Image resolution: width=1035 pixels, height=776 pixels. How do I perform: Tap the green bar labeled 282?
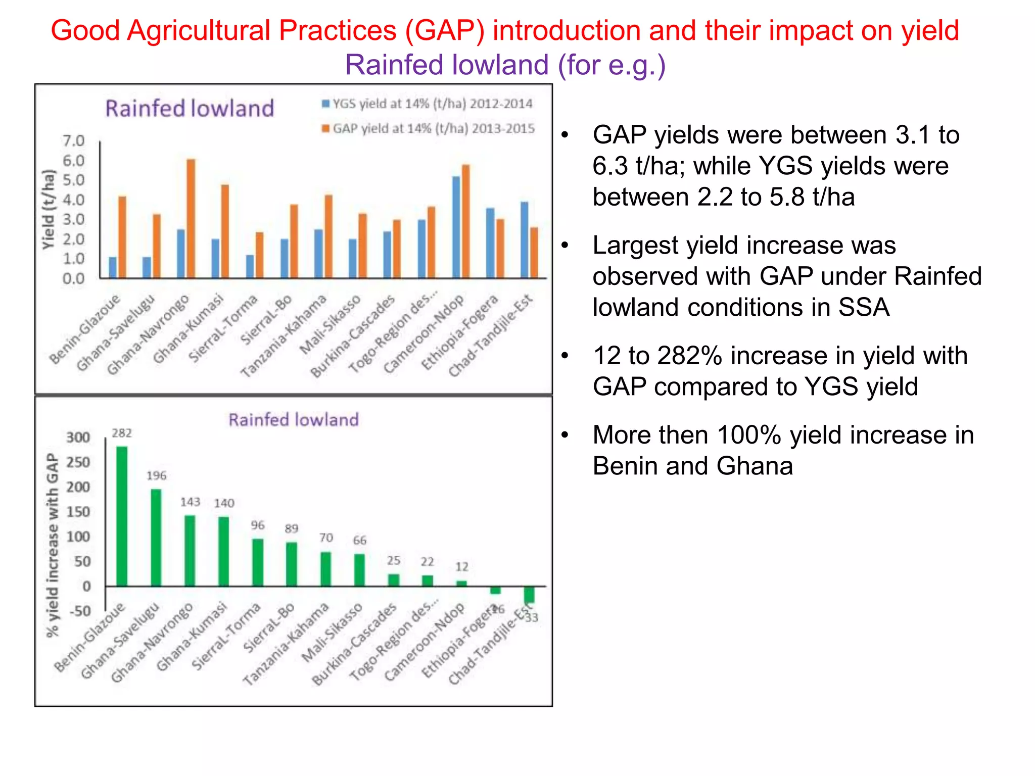pyautogui.click(x=122, y=516)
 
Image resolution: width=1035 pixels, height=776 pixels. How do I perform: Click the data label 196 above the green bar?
pyautogui.click(x=156, y=475)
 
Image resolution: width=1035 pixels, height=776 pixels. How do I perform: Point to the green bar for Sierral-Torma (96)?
pyautogui.click(x=258, y=562)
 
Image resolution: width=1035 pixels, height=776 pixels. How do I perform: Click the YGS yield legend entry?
pyautogui.click(x=428, y=104)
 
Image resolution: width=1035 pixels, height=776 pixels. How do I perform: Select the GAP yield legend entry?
pyautogui.click(x=429, y=129)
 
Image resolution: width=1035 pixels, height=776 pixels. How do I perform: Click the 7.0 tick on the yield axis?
pyautogui.click(x=73, y=141)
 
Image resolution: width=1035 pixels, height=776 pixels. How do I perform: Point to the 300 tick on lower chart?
pyautogui.click(x=78, y=438)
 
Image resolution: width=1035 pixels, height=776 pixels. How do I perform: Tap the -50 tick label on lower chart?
pyautogui.click(x=79, y=611)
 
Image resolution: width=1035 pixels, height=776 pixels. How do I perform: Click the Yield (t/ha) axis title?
pyautogui.click(x=48, y=210)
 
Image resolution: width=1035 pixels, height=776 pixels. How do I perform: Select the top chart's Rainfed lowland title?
pyautogui.click(x=190, y=109)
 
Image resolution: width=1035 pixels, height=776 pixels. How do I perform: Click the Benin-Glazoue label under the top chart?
pyautogui.click(x=85, y=329)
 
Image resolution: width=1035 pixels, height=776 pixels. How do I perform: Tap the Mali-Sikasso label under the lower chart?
pyautogui.click(x=332, y=633)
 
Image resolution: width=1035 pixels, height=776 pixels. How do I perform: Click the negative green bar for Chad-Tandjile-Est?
pyautogui.click(x=529, y=595)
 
